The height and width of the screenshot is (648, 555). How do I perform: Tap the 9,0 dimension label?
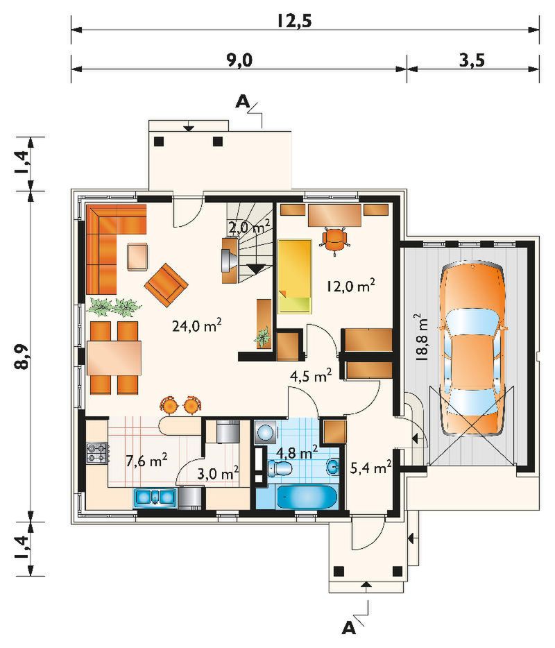239,60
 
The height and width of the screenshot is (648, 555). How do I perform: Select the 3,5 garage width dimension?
472,60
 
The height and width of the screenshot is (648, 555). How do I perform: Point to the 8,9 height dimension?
24,356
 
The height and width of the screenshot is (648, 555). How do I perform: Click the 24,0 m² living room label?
197,325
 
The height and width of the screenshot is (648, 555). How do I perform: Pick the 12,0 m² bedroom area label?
351,285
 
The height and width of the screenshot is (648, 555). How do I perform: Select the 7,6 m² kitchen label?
146,460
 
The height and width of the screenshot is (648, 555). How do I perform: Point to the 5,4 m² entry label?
370,468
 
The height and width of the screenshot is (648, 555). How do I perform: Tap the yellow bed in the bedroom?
295,276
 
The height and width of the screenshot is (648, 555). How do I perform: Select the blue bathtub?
307,497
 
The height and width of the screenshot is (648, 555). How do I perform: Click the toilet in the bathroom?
280,468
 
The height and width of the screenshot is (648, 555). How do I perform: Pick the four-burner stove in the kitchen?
98,452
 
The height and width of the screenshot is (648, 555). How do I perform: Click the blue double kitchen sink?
155,497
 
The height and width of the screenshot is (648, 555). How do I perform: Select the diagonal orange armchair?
166,285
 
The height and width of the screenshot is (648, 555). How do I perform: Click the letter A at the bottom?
349,628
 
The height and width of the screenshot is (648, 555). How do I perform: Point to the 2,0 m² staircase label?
249,226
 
